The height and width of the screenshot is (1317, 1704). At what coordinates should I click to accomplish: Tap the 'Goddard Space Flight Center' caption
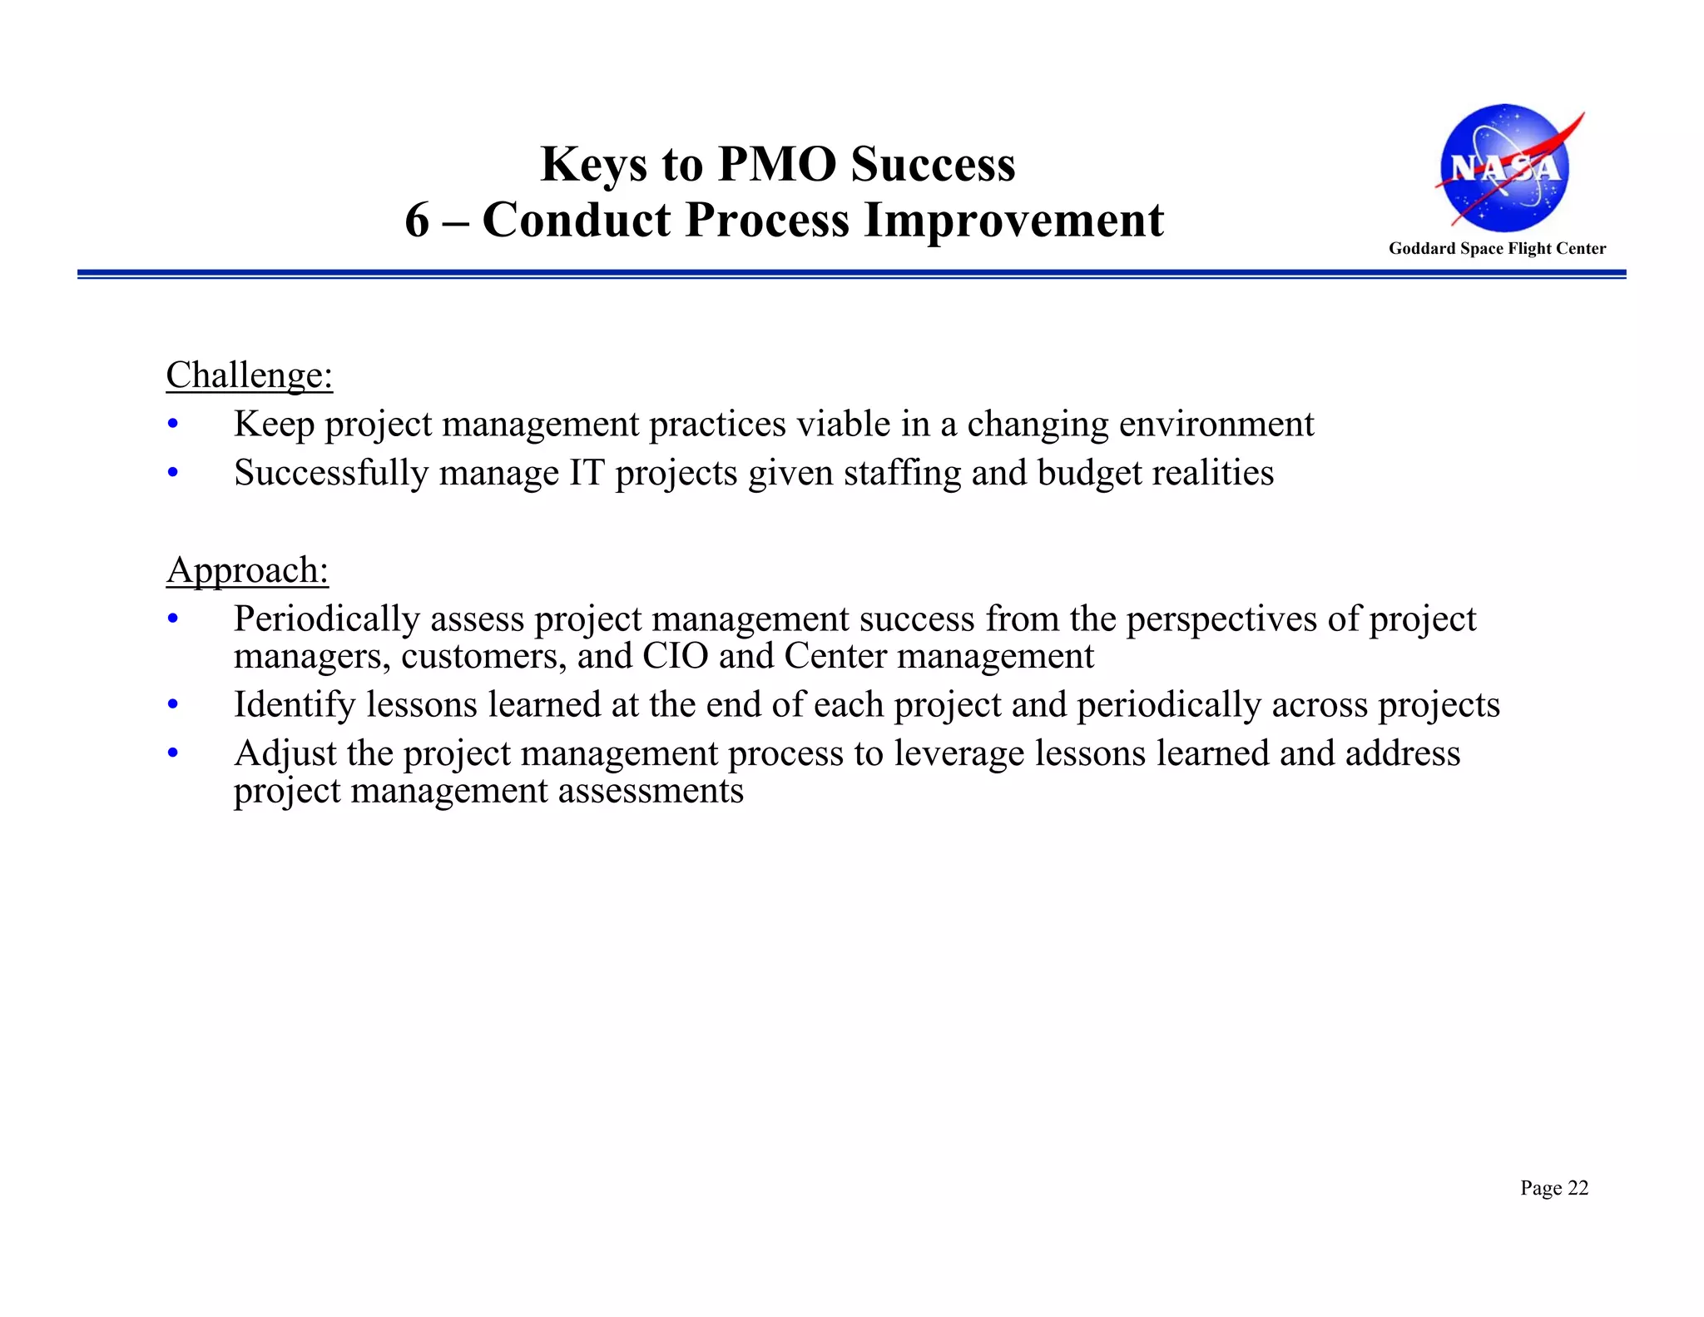(x=1497, y=248)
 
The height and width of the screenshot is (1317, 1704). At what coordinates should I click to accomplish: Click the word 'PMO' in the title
(x=776, y=164)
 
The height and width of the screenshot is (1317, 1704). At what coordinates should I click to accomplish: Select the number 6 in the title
(x=417, y=221)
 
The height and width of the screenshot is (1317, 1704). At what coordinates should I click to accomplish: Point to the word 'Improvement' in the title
(x=1013, y=221)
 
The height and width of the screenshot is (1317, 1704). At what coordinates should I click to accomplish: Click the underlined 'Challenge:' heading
(x=250, y=375)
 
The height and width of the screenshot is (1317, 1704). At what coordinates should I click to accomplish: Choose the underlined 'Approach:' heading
(x=247, y=570)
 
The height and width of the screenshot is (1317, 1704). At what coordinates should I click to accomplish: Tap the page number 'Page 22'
(x=1554, y=1188)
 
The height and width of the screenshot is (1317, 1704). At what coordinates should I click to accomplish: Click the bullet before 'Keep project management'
(x=173, y=425)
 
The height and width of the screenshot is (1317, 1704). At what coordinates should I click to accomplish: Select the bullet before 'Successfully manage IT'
(x=173, y=473)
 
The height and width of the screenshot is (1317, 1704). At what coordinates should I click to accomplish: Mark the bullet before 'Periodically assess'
(x=173, y=619)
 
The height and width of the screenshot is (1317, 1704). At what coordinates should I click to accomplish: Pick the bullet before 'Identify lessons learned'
(x=173, y=705)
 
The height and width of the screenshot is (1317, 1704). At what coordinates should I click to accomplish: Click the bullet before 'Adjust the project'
(x=173, y=753)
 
